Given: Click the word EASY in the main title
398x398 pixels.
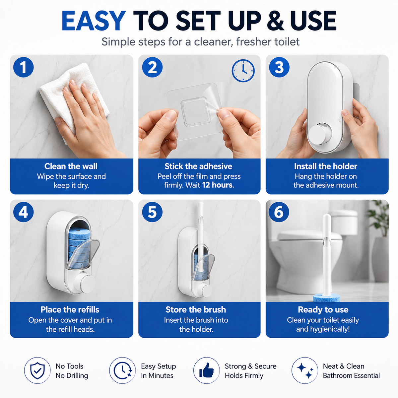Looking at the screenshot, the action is pyautogui.click(x=94, y=21).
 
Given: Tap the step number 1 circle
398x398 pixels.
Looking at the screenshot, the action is pyautogui.click(x=23, y=67).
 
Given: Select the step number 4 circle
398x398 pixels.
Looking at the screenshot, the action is pyautogui.click(x=23, y=212).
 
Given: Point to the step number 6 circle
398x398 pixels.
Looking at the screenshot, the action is pyautogui.click(x=279, y=212).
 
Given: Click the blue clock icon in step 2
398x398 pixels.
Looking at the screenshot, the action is pyautogui.click(x=243, y=71).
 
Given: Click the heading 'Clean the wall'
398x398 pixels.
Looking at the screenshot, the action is pyautogui.click(x=71, y=166).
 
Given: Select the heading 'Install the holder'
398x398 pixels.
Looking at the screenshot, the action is pyautogui.click(x=326, y=166).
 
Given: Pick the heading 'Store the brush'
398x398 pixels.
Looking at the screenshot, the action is pyautogui.click(x=196, y=309).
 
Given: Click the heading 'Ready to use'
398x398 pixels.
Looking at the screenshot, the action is pyautogui.click(x=323, y=309).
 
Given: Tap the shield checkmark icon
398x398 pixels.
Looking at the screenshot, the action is pyautogui.click(x=37, y=370).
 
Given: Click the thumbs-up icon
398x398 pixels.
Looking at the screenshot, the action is pyautogui.click(x=207, y=370).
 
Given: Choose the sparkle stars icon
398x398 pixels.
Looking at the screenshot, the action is pyautogui.click(x=305, y=370).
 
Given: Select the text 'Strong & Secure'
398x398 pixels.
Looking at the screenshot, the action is pyautogui.click(x=250, y=366).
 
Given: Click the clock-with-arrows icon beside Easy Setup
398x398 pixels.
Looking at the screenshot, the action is pyautogui.click(x=122, y=370).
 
